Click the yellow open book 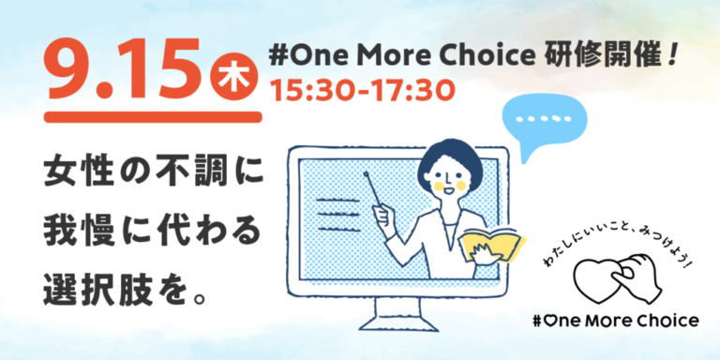click(x=491, y=242)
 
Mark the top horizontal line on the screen click(x=322, y=199)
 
